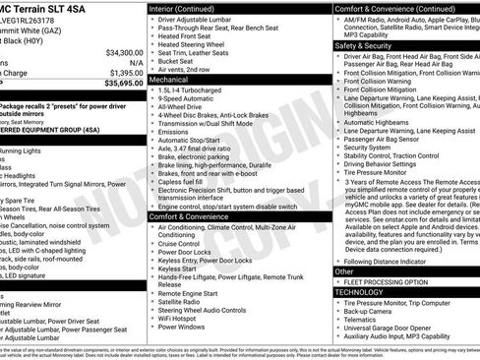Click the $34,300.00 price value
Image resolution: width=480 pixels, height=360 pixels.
point(123,52)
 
